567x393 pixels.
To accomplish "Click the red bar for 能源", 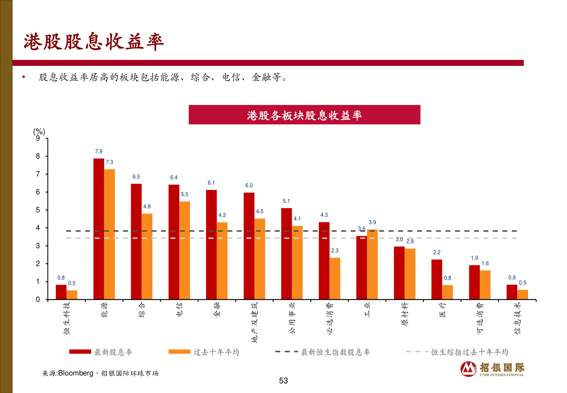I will pyautogui.click(x=98, y=229).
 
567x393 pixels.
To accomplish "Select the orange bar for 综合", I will pyautogui.click(x=147, y=257).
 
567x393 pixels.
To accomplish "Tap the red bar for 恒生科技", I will pyautogui.click(x=61, y=292).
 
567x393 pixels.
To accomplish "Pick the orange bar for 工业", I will pyautogui.click(x=372, y=265).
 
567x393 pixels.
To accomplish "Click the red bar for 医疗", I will pyautogui.click(x=437, y=279).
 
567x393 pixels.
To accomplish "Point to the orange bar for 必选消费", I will pyautogui.click(x=335, y=279).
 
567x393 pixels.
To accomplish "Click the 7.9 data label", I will pyautogui.click(x=98, y=151).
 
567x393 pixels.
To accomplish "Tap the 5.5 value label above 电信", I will pyautogui.click(x=185, y=194).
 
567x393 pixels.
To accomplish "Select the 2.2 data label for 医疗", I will pyautogui.click(x=437, y=252).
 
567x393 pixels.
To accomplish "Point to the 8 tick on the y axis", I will pyautogui.click(x=38, y=156).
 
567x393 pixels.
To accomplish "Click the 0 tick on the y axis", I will pyautogui.click(x=38, y=299).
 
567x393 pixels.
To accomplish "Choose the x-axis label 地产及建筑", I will pyautogui.click(x=254, y=322).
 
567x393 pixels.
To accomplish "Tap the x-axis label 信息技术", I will pyautogui.click(x=518, y=318).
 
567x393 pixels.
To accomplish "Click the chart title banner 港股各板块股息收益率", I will pyautogui.click(x=304, y=115).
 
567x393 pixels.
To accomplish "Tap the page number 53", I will pyautogui.click(x=283, y=381).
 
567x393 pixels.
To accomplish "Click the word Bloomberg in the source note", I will pyautogui.click(x=76, y=373).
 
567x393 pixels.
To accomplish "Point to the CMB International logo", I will pyautogui.click(x=492, y=369).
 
